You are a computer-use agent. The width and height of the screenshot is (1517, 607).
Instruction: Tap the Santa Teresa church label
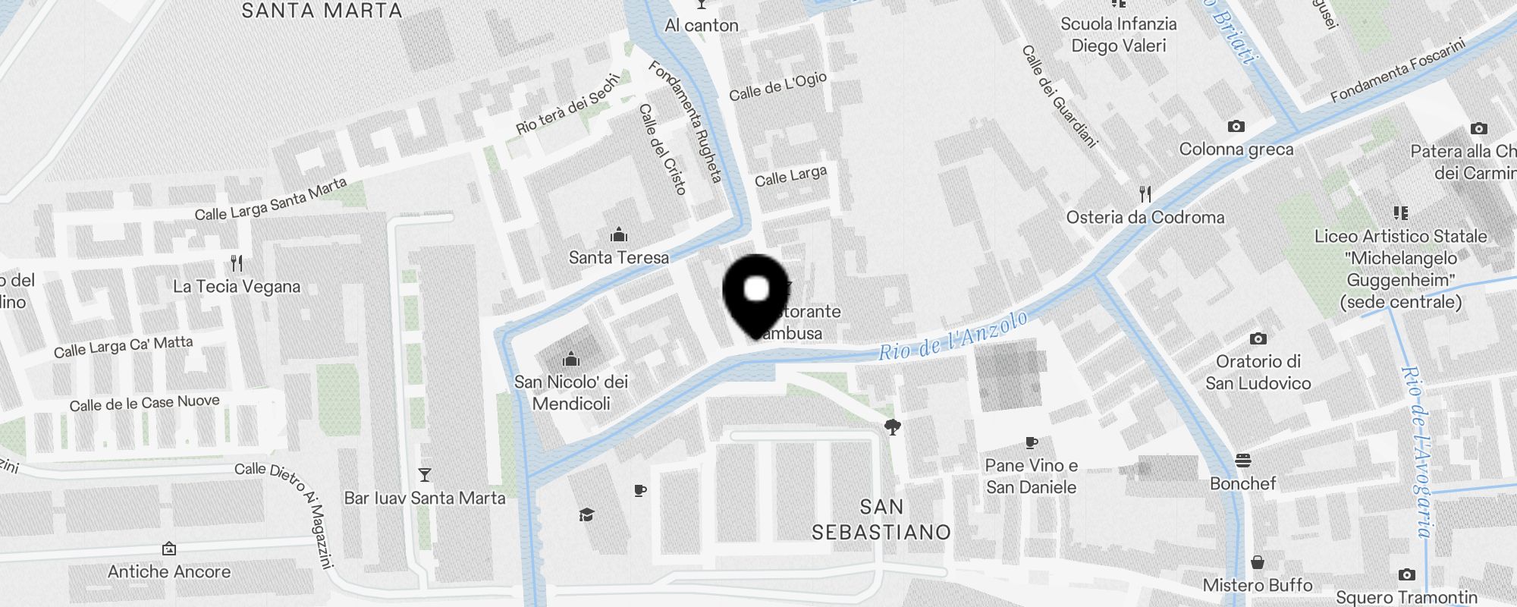619,258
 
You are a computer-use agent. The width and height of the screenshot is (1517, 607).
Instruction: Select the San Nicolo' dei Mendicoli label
571,392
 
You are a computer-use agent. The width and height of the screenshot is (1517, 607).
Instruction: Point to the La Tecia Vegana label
237,287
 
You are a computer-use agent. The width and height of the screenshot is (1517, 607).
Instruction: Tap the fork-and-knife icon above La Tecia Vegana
237,263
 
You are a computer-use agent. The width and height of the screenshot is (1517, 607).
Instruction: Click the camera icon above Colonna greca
1236,127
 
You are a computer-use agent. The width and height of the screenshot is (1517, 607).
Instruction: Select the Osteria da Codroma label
1145,218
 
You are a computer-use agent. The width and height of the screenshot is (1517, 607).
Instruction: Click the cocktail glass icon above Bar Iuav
425,475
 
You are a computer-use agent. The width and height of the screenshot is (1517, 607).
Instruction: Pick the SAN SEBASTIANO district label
881,520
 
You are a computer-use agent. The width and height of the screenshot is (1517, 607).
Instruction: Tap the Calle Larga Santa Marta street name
271,200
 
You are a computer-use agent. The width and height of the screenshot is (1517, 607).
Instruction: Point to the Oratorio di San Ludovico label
1258,373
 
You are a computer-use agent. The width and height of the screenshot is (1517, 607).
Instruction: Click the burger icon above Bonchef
1242,461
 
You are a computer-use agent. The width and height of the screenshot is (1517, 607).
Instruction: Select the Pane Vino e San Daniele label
1032,476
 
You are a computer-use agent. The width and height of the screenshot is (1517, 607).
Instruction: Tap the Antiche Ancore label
169,572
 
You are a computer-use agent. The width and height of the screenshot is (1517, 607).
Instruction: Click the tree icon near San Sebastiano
893,427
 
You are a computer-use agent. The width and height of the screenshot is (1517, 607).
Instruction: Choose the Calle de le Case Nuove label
145,403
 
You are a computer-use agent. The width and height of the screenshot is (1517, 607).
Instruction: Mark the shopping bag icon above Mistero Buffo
1258,562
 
